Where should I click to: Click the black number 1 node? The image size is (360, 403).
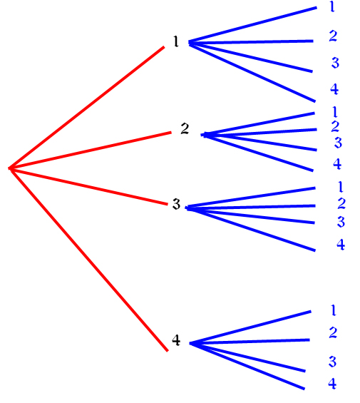tap(176, 41)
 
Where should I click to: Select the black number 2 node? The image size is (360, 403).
tap(185, 128)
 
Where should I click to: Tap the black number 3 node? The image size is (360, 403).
tap(176, 204)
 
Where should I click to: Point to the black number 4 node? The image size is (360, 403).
tap(176, 340)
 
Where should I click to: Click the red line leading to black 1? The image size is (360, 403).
tap(87, 108)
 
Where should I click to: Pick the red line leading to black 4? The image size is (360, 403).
tap(88, 260)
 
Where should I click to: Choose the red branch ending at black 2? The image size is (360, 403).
tap(91, 151)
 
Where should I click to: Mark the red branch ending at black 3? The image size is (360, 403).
tap(88, 186)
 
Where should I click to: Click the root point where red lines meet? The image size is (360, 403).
tap(10, 168)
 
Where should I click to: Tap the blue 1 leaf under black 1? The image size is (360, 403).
tap(332, 6)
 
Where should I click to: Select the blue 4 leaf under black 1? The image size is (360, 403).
tap(334, 89)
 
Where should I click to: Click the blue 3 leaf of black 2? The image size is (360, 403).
tap(338, 143)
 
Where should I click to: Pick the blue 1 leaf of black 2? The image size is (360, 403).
tap(334, 112)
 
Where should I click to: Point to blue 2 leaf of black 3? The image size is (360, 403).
tap(341, 203)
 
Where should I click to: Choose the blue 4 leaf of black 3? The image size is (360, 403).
tap(341, 245)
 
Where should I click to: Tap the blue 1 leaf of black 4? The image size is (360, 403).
tap(334, 310)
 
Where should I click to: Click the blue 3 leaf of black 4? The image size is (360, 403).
tap(332, 362)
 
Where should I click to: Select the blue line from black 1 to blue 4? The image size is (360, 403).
tap(252, 73)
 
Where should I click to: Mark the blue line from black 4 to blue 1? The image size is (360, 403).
tap(250, 327)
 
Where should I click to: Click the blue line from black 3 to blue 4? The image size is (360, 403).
tap(250, 229)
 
